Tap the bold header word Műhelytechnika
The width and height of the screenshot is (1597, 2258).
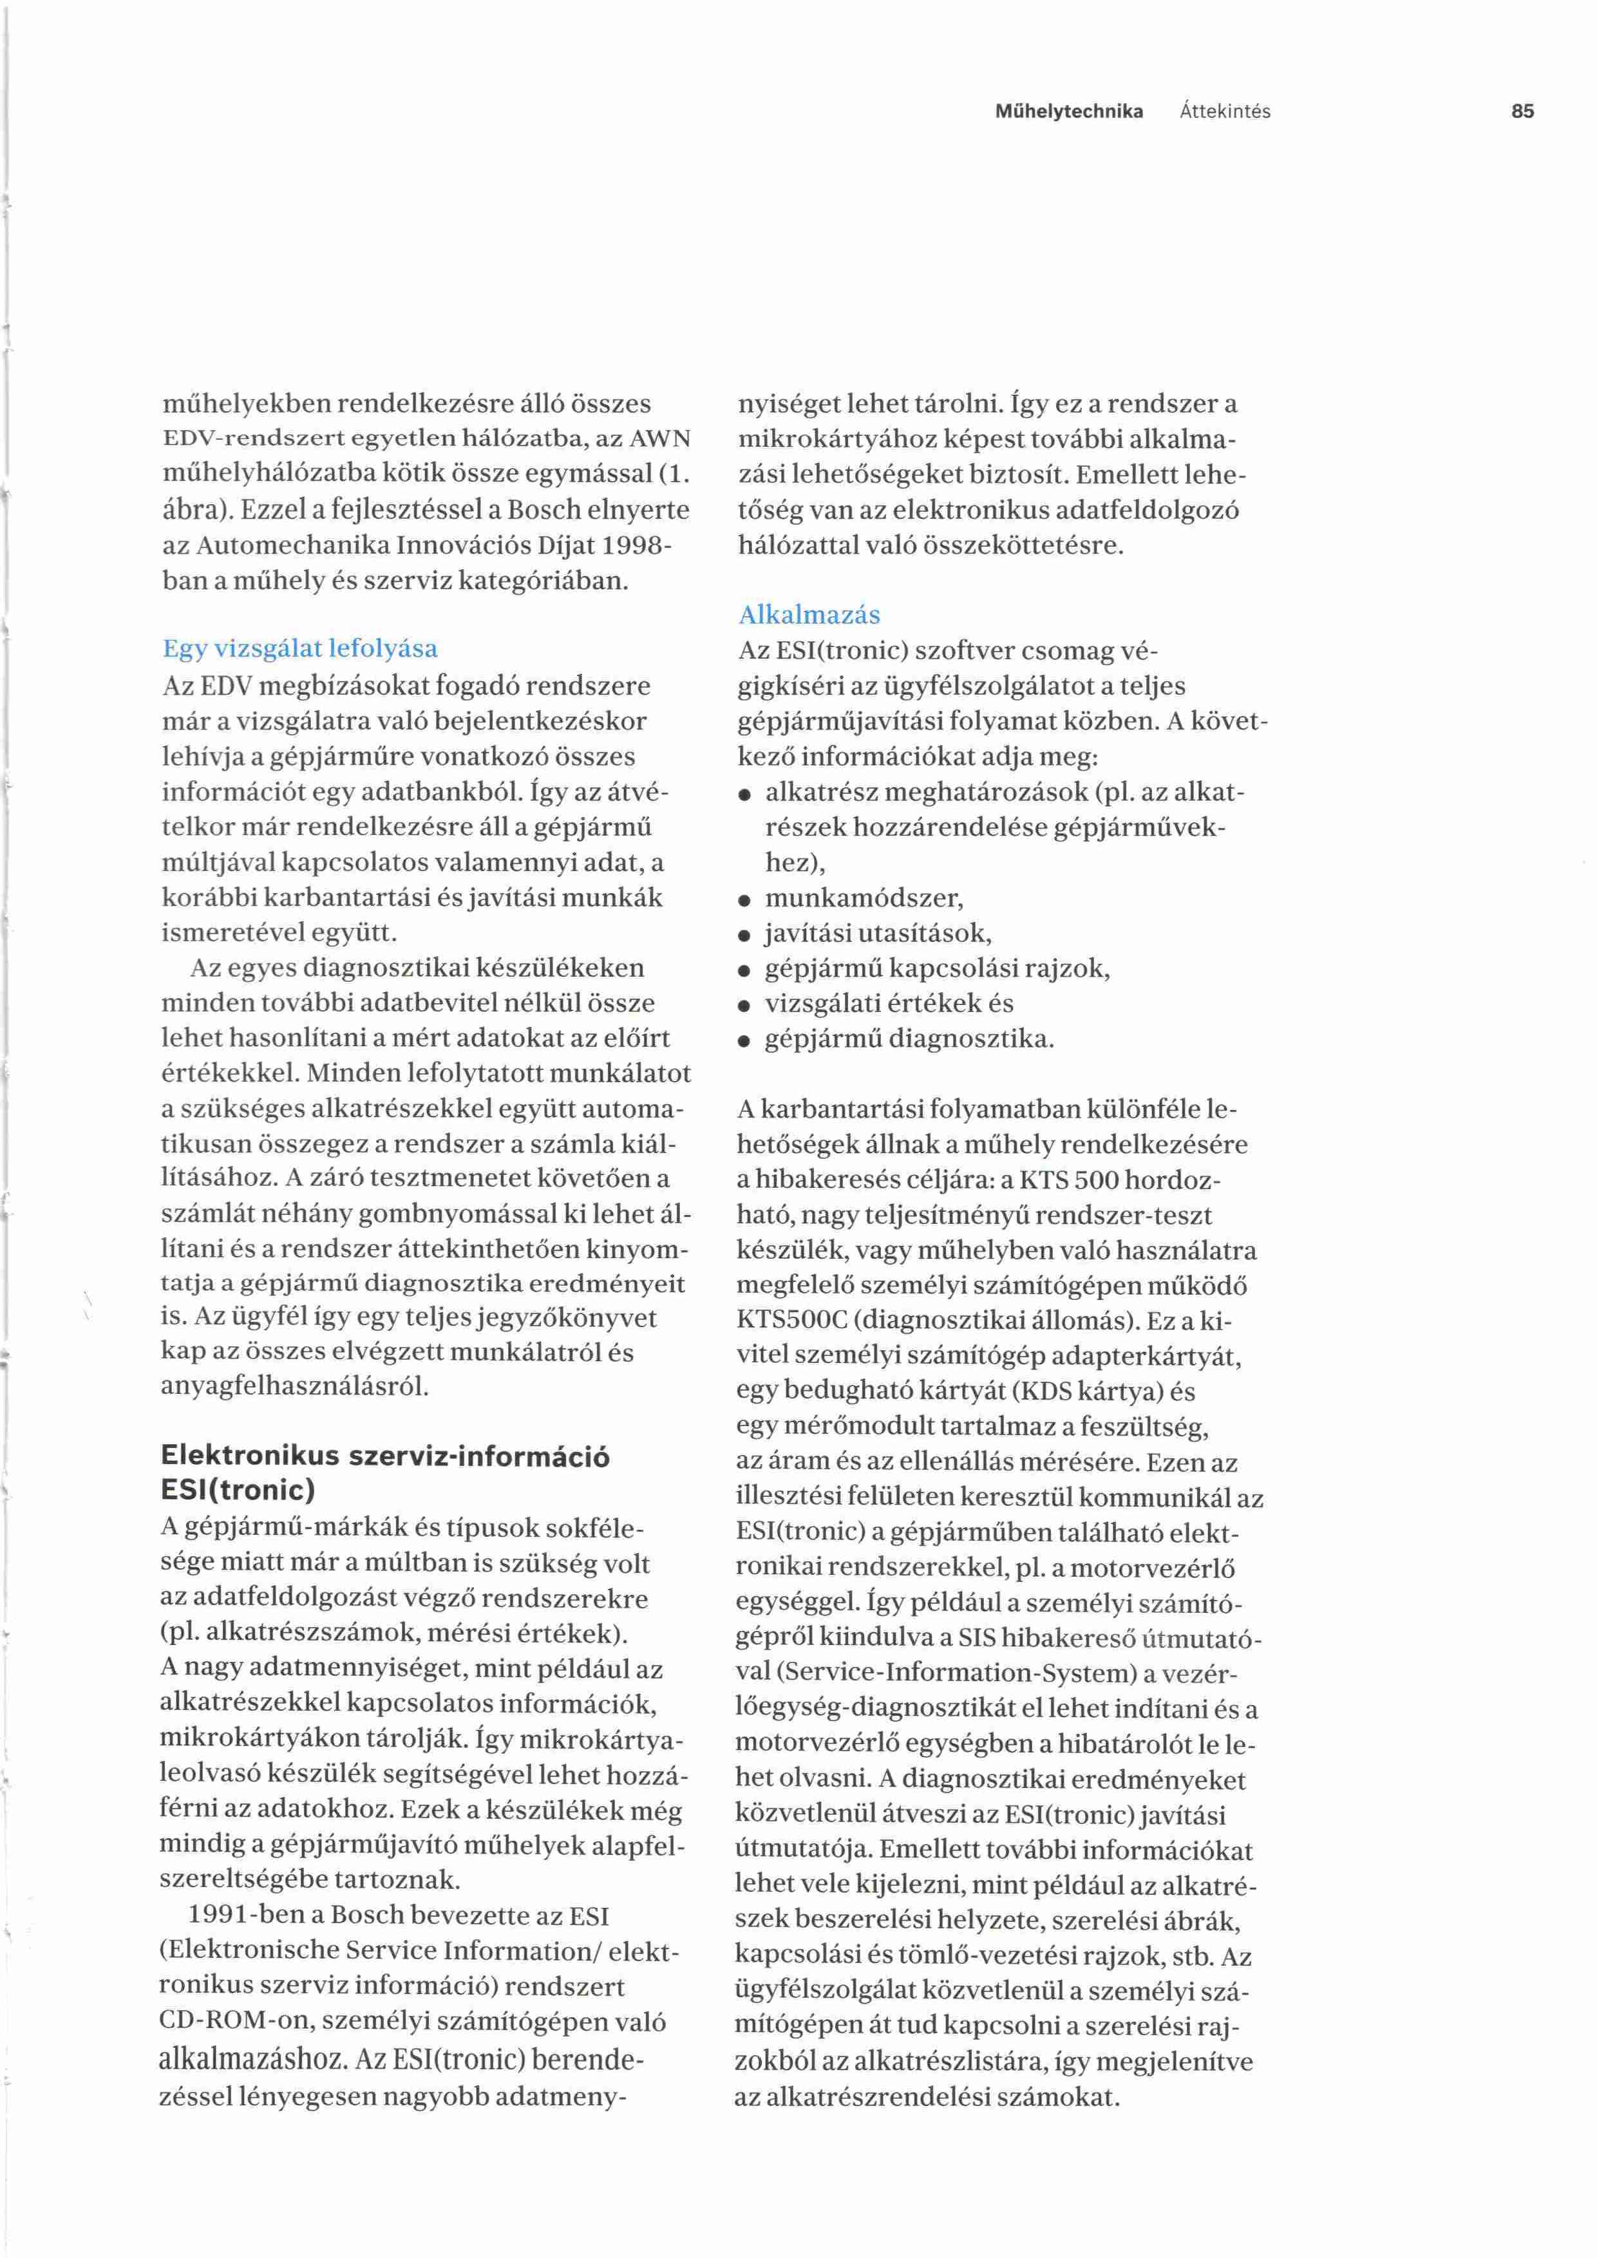1069,111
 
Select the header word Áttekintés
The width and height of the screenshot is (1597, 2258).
1224,111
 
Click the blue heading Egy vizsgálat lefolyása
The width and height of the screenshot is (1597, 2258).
300,649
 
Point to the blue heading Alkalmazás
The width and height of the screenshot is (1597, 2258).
809,616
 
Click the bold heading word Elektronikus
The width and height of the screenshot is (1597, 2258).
250,1456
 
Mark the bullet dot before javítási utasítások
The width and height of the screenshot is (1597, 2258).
746,936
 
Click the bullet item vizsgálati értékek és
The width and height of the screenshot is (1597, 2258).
889,1004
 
